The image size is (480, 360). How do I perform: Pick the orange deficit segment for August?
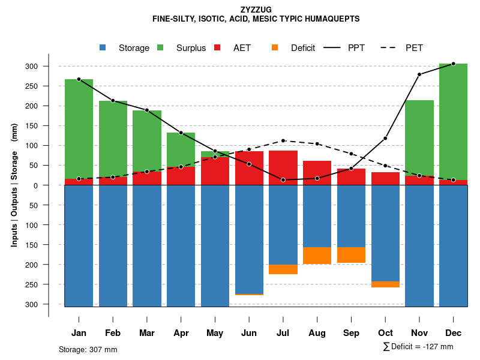(317, 255)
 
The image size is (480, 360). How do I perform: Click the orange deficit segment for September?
(351, 254)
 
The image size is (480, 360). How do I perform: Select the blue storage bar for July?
(283, 224)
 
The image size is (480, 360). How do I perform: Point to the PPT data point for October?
(385, 139)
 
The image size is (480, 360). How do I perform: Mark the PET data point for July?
(283, 141)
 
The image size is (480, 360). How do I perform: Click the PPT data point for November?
(419, 74)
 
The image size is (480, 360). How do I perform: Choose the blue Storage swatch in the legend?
(103, 48)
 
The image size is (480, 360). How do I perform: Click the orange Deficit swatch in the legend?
(275, 48)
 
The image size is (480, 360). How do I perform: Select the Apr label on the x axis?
(181, 333)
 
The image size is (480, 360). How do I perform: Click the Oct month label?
(385, 333)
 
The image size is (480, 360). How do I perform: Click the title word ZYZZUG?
(256, 10)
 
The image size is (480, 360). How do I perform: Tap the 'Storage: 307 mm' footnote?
(88, 349)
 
